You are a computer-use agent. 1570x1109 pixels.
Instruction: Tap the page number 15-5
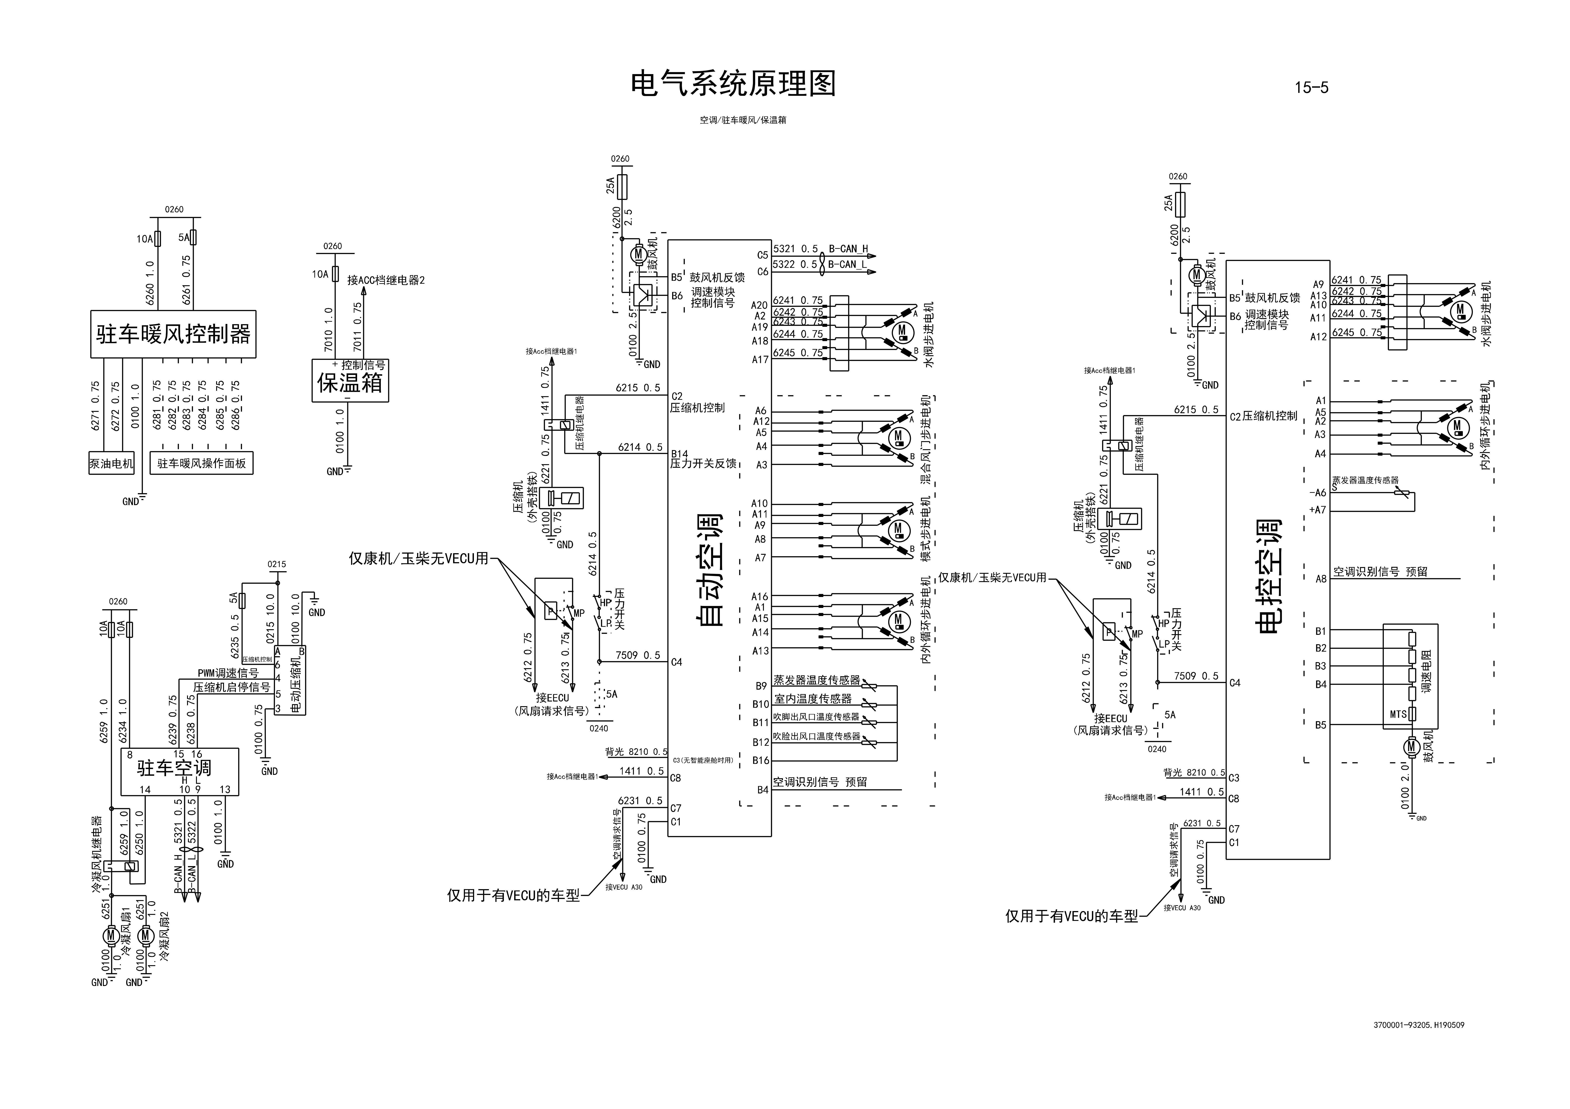[1311, 87]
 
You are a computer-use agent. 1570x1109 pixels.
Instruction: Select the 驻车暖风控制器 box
[173, 334]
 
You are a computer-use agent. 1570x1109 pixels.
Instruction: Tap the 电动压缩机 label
[295, 686]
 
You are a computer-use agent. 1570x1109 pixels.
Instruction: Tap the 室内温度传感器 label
[813, 699]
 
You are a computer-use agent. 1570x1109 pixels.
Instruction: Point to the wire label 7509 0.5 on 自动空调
[637, 655]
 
